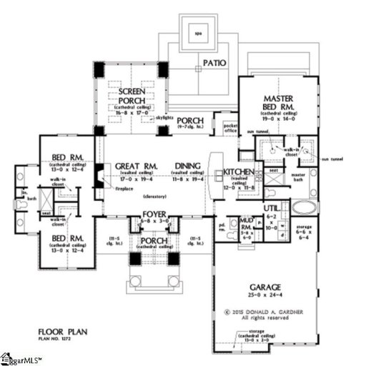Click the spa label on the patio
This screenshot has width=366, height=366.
tap(199, 33)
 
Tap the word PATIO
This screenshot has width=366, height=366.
tap(214, 63)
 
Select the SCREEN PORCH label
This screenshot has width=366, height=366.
tap(129, 97)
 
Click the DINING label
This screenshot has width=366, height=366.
tap(189, 167)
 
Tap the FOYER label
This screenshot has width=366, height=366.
tap(155, 214)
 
